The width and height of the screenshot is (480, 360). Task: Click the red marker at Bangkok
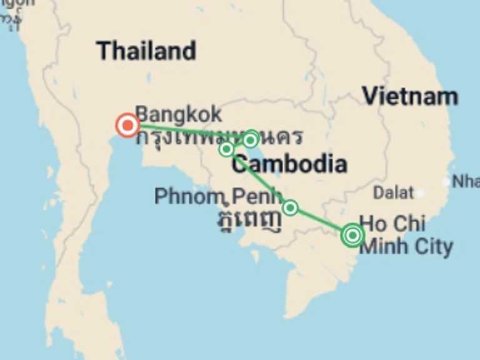[x=127, y=126]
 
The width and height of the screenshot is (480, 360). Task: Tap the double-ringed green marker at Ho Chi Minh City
[x=352, y=235]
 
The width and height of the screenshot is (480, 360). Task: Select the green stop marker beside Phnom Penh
[x=290, y=207]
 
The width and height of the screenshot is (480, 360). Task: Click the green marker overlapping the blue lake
[x=250, y=139]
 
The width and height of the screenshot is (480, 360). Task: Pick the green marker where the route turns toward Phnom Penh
[x=226, y=149]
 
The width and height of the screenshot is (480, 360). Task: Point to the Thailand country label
[x=146, y=51]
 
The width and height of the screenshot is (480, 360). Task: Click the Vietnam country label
[x=410, y=96]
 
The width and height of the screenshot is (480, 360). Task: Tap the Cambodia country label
[x=289, y=164]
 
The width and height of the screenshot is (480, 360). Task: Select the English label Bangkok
[x=178, y=114]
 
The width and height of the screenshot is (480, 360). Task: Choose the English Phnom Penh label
[x=218, y=196]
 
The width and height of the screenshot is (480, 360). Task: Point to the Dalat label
[x=393, y=192]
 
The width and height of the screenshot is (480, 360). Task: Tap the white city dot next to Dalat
[x=421, y=193]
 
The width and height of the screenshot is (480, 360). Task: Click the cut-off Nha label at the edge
[x=466, y=181]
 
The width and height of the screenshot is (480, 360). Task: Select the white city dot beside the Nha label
[x=446, y=182]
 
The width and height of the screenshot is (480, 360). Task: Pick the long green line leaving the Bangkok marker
[x=181, y=129]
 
